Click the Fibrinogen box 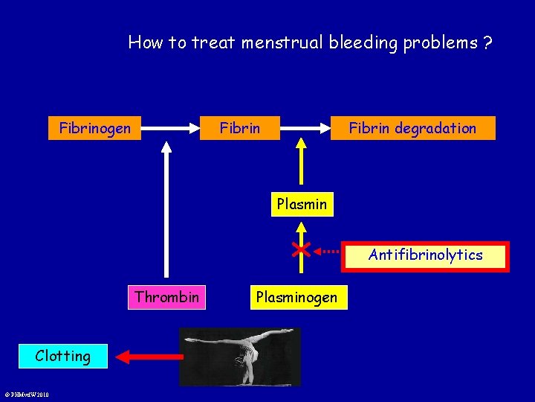(x=94, y=129)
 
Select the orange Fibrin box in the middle (x=240, y=129)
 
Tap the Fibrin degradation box (x=412, y=129)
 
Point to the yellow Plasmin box (x=302, y=203)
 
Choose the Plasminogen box (x=296, y=298)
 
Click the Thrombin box (x=166, y=298)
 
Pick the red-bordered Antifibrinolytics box (x=425, y=255)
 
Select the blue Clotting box (x=63, y=356)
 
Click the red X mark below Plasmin (x=301, y=249)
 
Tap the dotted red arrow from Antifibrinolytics (x=331, y=251)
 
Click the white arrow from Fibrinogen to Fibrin (x=171, y=128)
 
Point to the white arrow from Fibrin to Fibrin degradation (x=305, y=128)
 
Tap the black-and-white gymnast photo (x=240, y=357)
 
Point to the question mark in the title (x=487, y=42)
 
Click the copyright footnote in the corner (x=26, y=395)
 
